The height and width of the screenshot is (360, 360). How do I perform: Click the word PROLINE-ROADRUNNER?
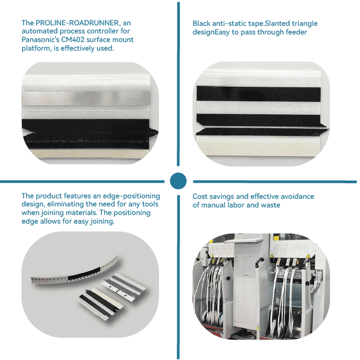click(x=78, y=23)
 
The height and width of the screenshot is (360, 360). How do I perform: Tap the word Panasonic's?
click(x=40, y=39)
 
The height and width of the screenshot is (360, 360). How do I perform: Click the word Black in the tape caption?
click(x=202, y=23)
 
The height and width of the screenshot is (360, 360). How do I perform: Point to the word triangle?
click(x=304, y=24)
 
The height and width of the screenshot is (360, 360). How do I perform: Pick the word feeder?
click(x=296, y=32)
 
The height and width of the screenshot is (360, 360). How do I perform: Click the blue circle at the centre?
click(x=178, y=181)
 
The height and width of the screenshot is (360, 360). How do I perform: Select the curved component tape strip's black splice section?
click(x=84, y=273)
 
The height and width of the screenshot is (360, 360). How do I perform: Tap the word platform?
click(x=37, y=49)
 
